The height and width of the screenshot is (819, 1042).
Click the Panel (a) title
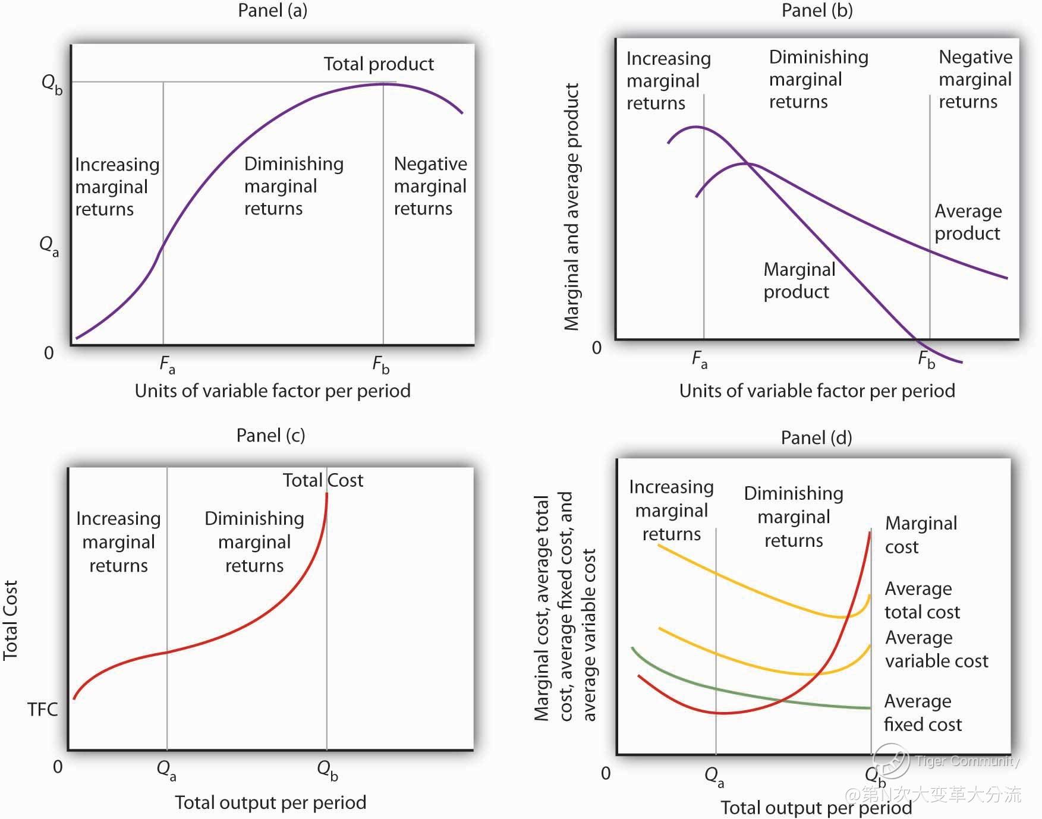(x=272, y=11)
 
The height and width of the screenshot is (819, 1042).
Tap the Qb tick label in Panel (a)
(x=51, y=84)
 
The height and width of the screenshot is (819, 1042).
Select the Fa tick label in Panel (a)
(x=167, y=364)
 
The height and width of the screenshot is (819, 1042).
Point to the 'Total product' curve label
(x=379, y=64)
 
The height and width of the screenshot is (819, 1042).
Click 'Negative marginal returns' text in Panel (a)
(x=430, y=186)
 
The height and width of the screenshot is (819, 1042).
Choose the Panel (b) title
(x=817, y=11)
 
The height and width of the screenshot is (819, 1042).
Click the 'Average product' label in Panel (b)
(x=968, y=222)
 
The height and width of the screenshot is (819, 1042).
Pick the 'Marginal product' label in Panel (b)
(x=799, y=281)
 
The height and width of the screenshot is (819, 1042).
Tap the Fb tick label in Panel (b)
(x=926, y=360)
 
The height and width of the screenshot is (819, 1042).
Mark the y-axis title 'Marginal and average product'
(x=572, y=207)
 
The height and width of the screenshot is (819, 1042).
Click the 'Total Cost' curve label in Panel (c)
(x=323, y=480)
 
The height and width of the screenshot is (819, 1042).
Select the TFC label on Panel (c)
(x=43, y=710)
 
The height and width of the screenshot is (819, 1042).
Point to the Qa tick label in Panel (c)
(x=166, y=770)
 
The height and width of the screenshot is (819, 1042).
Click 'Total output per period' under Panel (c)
(x=270, y=803)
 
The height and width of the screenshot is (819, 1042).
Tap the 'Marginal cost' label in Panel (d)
(x=921, y=535)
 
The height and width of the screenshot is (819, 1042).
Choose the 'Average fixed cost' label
(x=923, y=713)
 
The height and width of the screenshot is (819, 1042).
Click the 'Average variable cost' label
(x=936, y=649)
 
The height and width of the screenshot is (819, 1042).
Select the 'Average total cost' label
(x=922, y=600)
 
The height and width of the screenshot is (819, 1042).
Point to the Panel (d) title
(x=816, y=438)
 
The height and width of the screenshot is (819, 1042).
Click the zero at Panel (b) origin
(x=597, y=348)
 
